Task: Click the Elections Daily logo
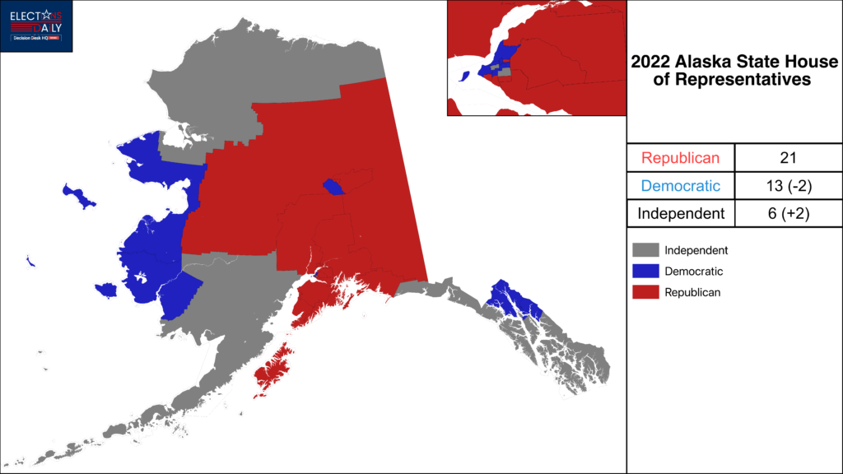coord(36,26)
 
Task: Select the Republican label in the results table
coord(680,158)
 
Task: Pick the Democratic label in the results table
coord(680,186)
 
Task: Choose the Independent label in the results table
coord(680,214)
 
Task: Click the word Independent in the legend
coord(696,250)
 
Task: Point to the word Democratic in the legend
coord(693,271)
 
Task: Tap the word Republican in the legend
coord(692,292)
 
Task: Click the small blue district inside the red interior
coord(333,187)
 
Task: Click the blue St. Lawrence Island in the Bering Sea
coord(79,197)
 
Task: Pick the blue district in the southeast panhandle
coord(510,300)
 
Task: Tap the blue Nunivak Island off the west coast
coord(106,290)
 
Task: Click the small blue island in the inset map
coord(464,76)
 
